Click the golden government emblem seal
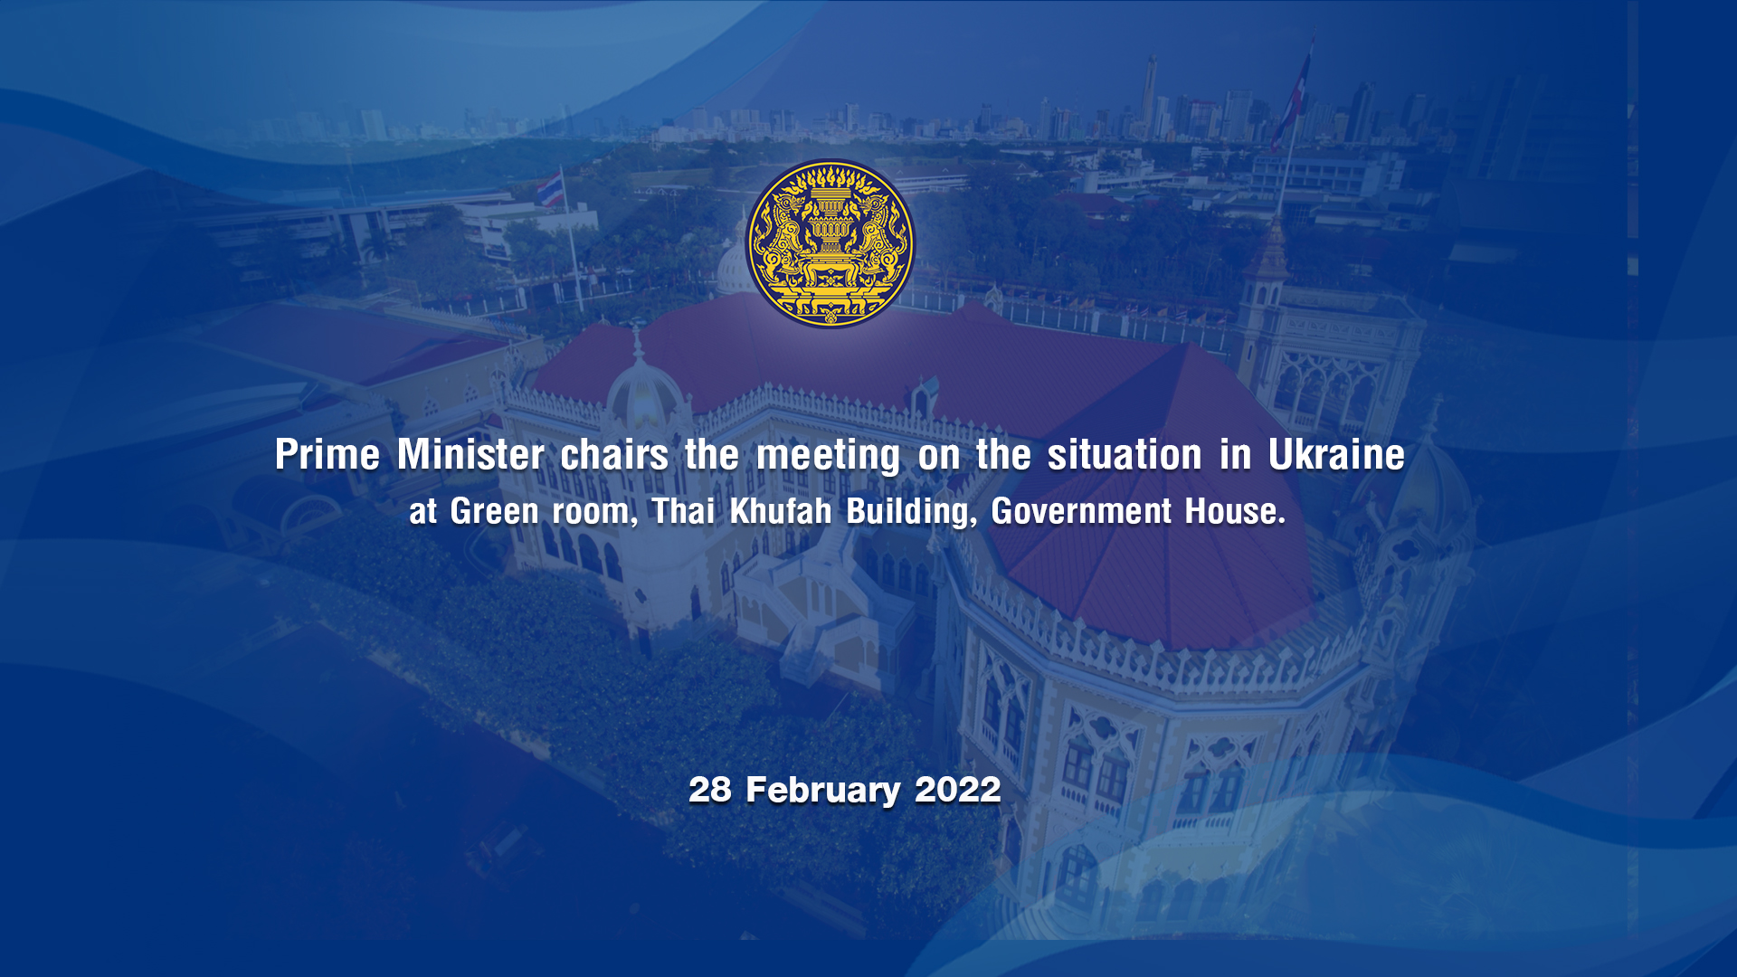point(830,243)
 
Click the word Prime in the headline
point(327,454)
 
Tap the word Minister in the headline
point(470,454)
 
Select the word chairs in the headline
point(614,454)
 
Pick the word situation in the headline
point(1125,454)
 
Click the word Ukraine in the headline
point(1336,454)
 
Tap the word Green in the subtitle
point(495,511)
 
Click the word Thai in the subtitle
point(683,511)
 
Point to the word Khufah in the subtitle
point(781,511)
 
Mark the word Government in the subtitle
point(1081,511)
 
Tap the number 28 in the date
point(710,790)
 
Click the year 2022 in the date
point(958,790)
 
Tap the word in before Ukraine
point(1235,454)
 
